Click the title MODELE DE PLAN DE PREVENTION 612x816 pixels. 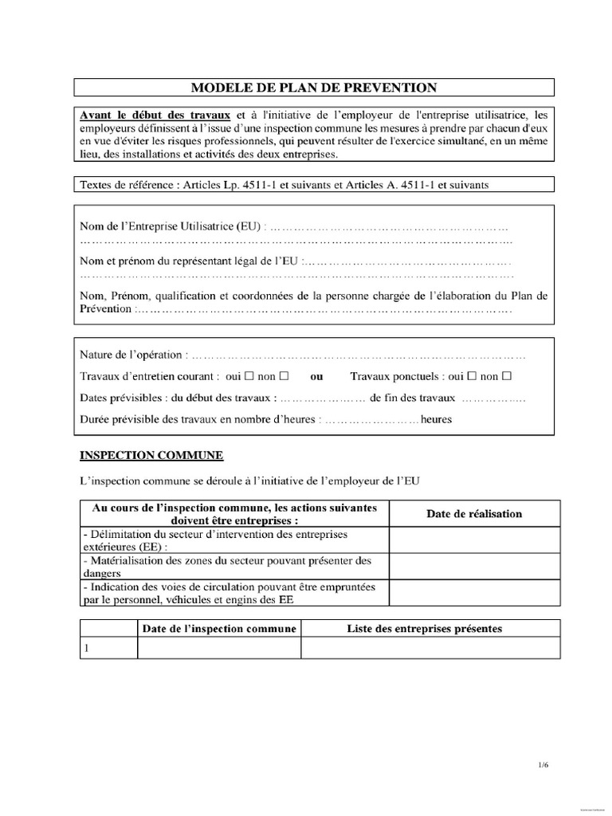315,87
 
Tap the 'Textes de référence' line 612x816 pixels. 284,185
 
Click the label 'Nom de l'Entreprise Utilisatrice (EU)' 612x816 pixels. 171,226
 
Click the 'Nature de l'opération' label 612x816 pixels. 131,354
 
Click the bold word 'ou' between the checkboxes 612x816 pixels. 317,376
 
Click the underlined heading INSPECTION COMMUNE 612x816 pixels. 151,456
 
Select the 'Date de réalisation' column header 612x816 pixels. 474,514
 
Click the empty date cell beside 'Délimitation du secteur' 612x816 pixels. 474,541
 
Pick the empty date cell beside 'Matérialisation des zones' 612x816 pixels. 474,567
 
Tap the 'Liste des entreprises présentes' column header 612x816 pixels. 425,629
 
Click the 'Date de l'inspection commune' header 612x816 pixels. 219,629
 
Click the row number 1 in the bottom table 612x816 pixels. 85,649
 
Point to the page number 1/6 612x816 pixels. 543,765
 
